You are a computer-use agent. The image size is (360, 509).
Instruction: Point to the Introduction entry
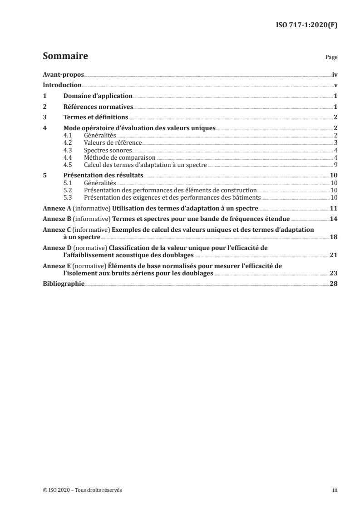pyautogui.click(x=62, y=85)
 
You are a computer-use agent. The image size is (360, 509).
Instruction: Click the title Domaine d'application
pyautogui.click(x=98, y=96)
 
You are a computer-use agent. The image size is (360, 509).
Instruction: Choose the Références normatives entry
pyautogui.click(x=98, y=107)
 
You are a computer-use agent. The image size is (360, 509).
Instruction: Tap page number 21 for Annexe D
pyautogui.click(x=334, y=256)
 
